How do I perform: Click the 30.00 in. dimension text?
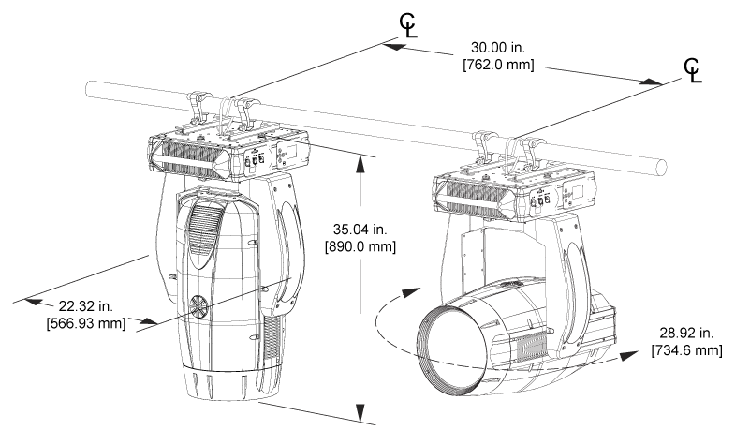click(x=498, y=48)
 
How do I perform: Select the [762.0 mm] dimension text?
click(x=498, y=65)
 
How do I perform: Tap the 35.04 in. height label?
click(x=360, y=230)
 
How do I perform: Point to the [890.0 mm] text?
click(x=360, y=246)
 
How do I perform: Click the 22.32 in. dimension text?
click(x=86, y=306)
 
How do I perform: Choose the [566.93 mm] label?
click(x=86, y=323)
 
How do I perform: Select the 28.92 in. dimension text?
click(x=686, y=333)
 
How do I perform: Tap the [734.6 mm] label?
click(x=686, y=349)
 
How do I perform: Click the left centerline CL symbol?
click(x=408, y=25)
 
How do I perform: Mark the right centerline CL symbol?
click(x=693, y=70)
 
